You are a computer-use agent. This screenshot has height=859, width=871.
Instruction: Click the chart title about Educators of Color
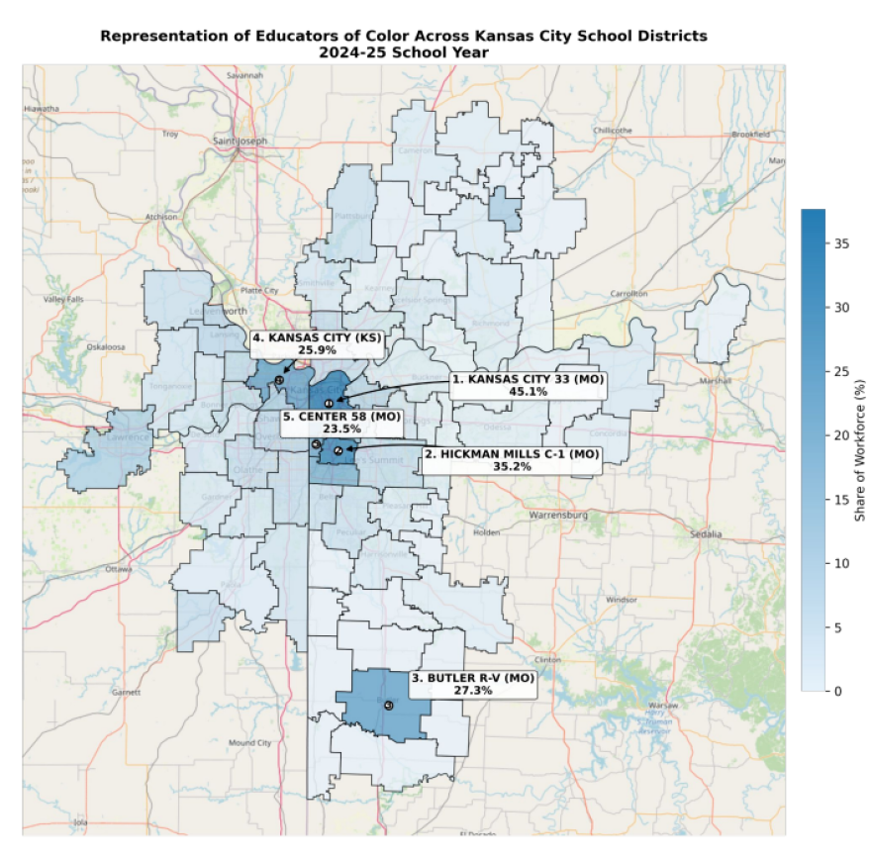(x=403, y=43)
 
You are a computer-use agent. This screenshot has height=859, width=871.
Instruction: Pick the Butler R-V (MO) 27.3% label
(x=472, y=685)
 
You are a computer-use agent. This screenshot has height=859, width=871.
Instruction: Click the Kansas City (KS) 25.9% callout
(x=317, y=343)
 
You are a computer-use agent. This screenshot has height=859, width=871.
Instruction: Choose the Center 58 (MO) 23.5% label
(x=341, y=423)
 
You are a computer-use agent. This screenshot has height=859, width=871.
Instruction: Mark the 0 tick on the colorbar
(x=838, y=691)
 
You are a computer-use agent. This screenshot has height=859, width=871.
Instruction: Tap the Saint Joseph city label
(x=240, y=142)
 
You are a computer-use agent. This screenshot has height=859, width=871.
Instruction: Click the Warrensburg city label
(x=558, y=516)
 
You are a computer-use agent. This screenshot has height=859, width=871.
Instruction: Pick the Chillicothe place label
(x=612, y=130)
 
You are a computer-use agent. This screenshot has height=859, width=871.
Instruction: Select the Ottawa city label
(x=118, y=569)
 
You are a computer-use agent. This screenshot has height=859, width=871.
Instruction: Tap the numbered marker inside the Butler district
(x=388, y=706)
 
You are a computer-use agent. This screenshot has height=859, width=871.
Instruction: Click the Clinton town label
(x=546, y=659)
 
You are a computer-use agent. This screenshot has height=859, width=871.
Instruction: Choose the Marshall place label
(x=716, y=380)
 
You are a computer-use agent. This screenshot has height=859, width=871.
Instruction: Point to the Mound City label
(x=249, y=742)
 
